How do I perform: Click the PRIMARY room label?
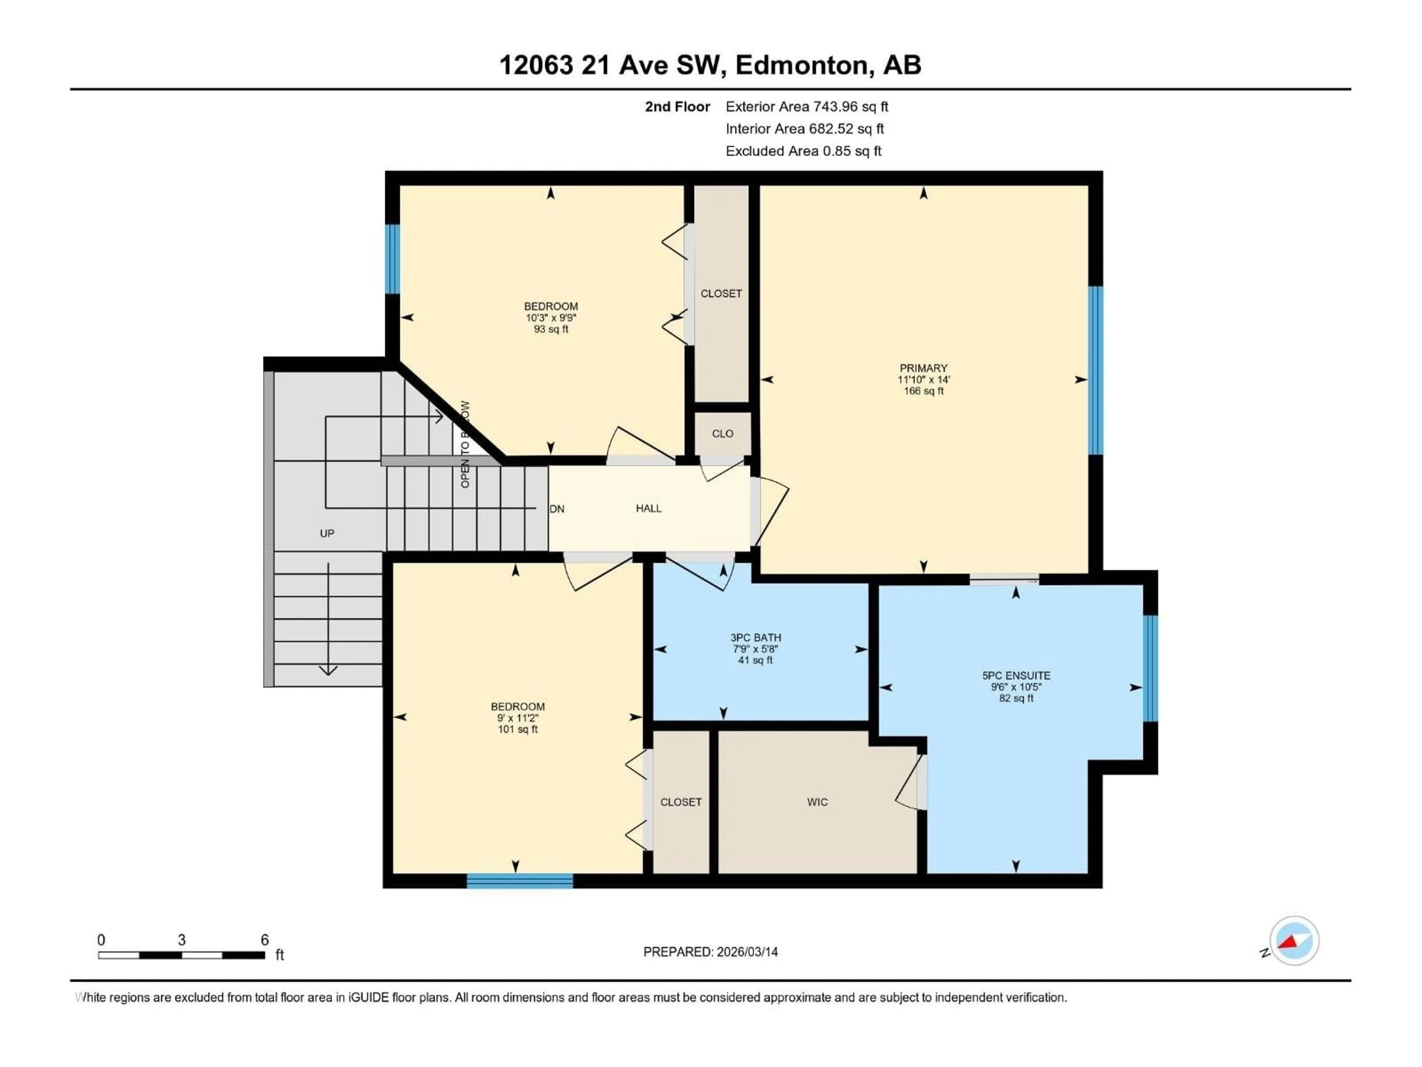923,368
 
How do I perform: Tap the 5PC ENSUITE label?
1016,675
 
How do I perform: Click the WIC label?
817,802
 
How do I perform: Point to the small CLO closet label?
722,433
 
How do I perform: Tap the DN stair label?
557,509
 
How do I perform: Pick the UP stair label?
327,533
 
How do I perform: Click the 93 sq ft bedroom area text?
551,329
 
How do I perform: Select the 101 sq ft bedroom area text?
517,729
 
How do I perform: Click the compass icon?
1294,940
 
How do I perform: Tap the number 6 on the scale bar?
264,940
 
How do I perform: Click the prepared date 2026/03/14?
745,952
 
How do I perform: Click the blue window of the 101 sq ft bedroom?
520,881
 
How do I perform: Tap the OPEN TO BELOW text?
465,444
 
